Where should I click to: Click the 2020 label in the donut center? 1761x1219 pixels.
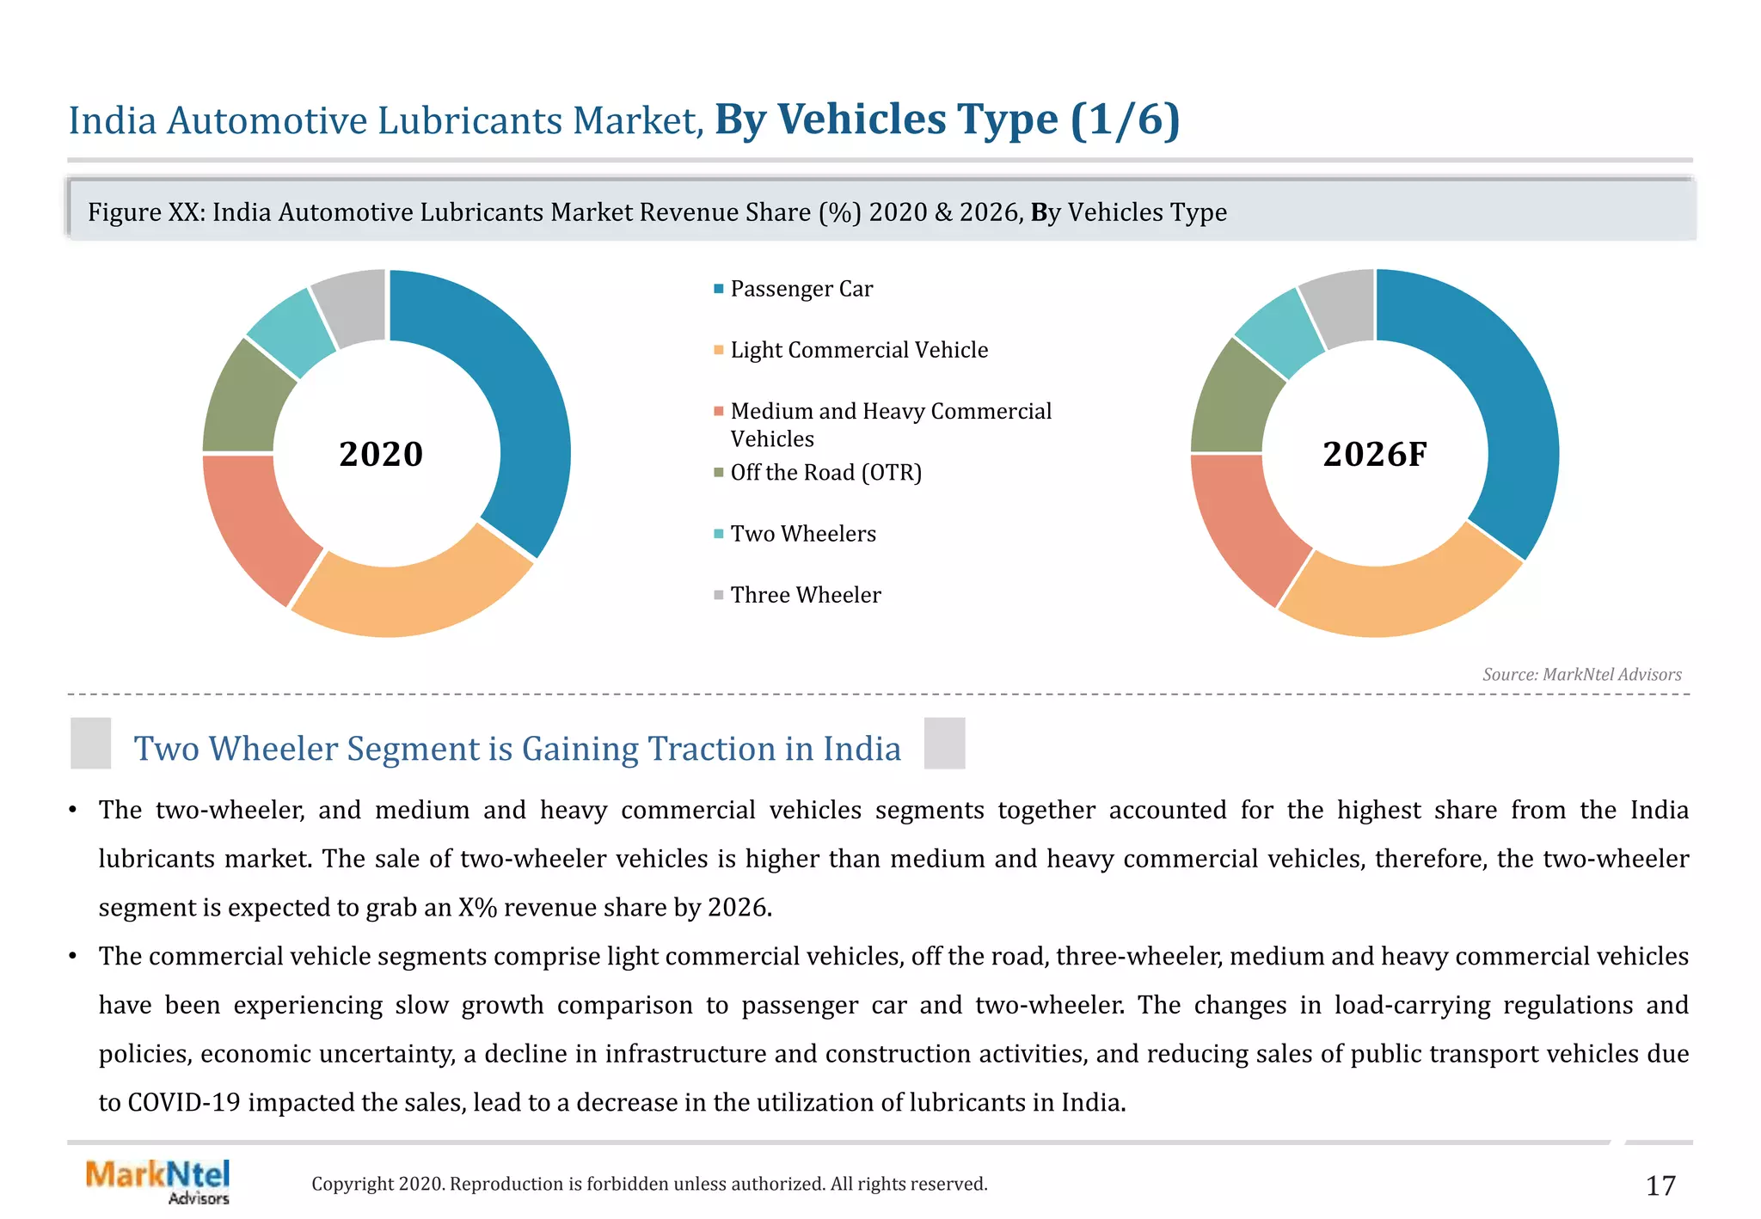(381, 454)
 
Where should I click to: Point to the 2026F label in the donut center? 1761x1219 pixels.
(1374, 454)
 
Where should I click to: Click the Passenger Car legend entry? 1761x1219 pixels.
(801, 289)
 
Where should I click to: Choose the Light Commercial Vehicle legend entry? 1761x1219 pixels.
(858, 350)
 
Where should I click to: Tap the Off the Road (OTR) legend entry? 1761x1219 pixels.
(825, 473)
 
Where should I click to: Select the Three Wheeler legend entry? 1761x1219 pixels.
(805, 595)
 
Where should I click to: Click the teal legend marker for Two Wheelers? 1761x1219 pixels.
(719, 534)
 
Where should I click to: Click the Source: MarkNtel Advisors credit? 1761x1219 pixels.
(1581, 675)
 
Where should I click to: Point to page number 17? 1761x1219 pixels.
(1660, 1186)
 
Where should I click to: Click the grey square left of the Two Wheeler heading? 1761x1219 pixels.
(91, 743)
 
